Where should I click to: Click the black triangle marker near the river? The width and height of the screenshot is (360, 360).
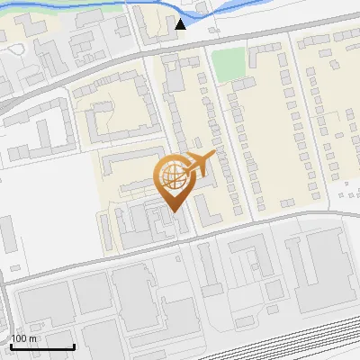click(x=181, y=24)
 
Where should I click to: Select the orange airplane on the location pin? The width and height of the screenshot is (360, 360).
click(x=199, y=164)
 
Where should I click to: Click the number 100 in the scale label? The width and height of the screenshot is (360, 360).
click(x=19, y=338)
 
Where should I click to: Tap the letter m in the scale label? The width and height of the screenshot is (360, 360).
click(x=32, y=338)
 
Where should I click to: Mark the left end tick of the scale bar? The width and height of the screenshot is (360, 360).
click(x=11, y=346)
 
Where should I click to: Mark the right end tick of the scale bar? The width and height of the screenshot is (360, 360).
click(x=74, y=346)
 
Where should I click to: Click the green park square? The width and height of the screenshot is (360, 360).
click(x=229, y=63)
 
